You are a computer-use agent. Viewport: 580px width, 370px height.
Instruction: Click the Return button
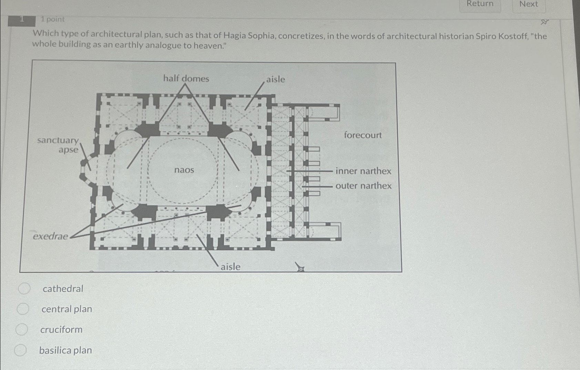click(x=480, y=4)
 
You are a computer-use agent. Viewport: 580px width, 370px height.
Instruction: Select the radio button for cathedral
click(x=24, y=289)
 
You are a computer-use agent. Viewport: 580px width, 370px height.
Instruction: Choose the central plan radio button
click(x=23, y=309)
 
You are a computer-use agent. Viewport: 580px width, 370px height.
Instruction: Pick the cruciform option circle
click(x=22, y=329)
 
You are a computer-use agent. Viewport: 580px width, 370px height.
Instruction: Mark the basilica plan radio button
click(x=20, y=350)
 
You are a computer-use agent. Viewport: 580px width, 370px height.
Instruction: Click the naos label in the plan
click(x=184, y=170)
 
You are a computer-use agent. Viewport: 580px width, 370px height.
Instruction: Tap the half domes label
click(x=186, y=79)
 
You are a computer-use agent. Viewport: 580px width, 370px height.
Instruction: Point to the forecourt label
click(x=363, y=135)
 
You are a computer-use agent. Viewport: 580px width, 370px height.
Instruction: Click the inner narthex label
click(x=363, y=171)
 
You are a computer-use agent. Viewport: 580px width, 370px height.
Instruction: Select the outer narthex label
click(x=363, y=186)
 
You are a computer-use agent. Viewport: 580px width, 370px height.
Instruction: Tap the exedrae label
click(x=50, y=236)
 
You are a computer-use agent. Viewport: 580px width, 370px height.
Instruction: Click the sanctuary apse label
click(x=58, y=145)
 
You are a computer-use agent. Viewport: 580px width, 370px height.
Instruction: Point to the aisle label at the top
click(x=275, y=79)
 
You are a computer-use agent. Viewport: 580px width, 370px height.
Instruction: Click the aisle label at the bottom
click(x=230, y=267)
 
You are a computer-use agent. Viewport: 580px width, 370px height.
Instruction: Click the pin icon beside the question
click(x=544, y=22)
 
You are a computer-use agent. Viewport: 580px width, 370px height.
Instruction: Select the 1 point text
click(x=52, y=19)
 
